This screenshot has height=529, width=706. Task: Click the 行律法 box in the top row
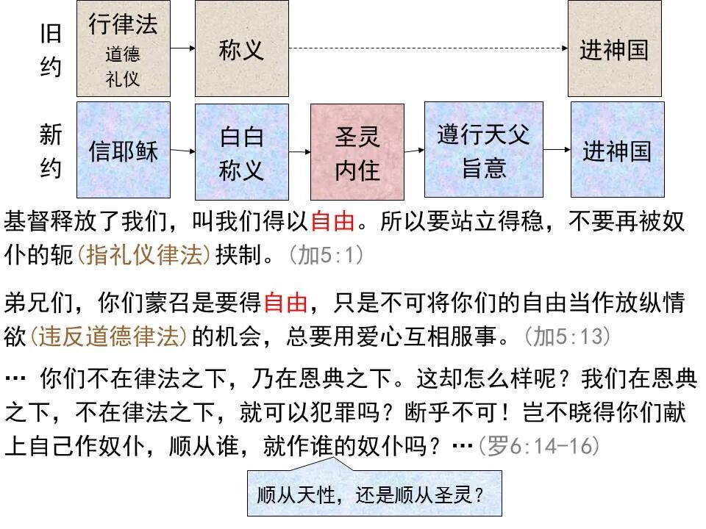[x=123, y=48]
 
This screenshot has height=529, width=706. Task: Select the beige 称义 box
[x=241, y=48]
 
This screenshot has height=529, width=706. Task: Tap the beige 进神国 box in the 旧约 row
[x=614, y=48]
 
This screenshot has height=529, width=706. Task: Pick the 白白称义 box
[x=241, y=152]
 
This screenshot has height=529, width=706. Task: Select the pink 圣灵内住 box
[x=357, y=152]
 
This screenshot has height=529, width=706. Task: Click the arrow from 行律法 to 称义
[x=182, y=48]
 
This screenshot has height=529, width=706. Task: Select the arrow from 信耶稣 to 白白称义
[x=182, y=151]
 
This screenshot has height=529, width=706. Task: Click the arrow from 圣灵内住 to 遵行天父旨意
[x=414, y=151]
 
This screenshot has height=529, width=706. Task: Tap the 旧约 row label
[x=50, y=50]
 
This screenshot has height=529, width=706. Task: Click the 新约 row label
[x=50, y=152]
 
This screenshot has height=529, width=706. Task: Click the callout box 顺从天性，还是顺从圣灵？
[x=374, y=493]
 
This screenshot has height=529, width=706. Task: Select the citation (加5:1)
[x=325, y=255]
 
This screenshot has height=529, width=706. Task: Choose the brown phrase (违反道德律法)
[x=109, y=337]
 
